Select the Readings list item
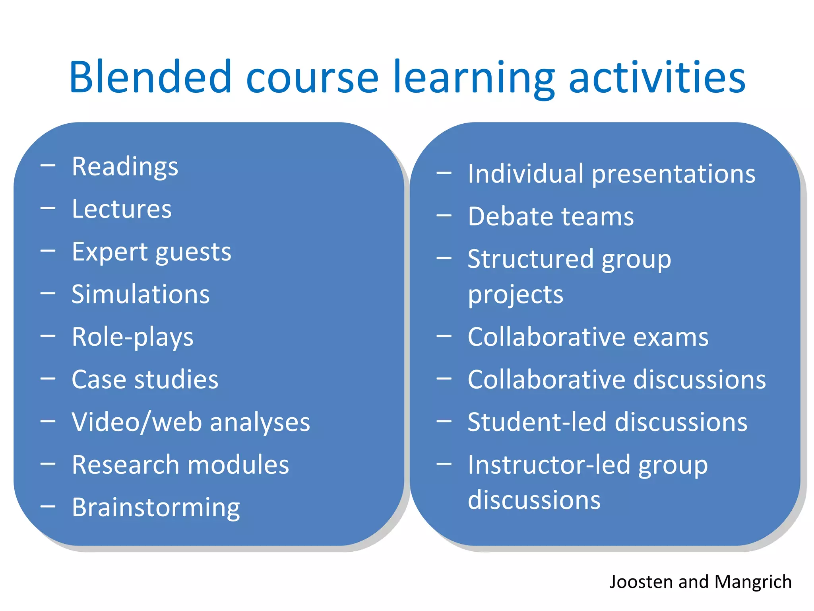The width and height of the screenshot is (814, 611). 125,167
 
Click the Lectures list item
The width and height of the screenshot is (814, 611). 122,209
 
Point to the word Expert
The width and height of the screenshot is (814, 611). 110,252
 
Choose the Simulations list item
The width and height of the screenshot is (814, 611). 141,294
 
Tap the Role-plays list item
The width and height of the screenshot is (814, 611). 132,337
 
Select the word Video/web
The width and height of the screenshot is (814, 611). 137,422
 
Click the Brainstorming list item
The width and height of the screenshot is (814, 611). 156,508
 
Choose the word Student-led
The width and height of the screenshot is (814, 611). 537,422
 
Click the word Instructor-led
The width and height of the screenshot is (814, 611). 549,465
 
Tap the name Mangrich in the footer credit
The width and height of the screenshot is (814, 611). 753,582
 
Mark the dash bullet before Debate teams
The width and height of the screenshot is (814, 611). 444,216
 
